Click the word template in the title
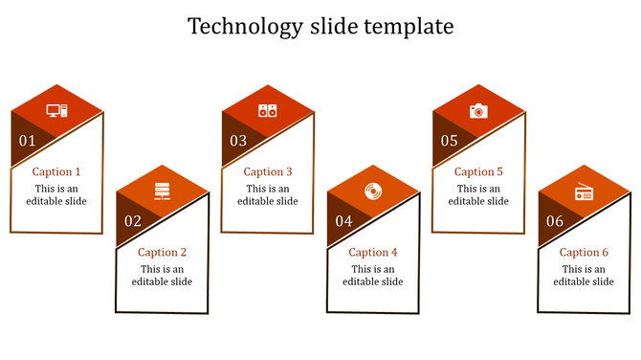(409, 27)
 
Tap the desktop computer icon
(56, 111)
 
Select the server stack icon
(162, 191)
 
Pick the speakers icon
(267, 111)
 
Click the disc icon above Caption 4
(372, 191)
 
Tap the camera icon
(478, 111)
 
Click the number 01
(27, 141)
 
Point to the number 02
(133, 221)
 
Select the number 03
(238, 141)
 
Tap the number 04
(343, 221)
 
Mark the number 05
(449, 141)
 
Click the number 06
(555, 221)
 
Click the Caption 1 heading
(56, 172)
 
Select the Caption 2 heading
(162, 253)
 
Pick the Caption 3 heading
(268, 172)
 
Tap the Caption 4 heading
(373, 253)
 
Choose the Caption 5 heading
(478, 172)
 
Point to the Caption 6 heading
(584, 253)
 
